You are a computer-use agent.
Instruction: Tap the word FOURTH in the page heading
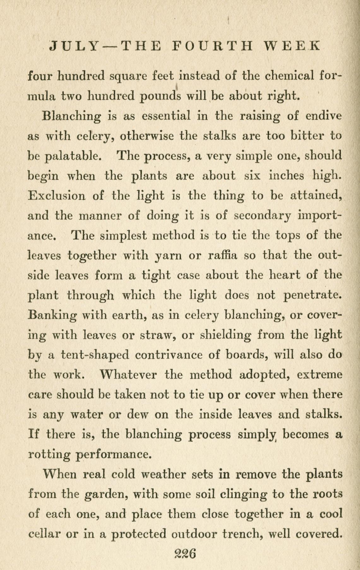(x=213, y=46)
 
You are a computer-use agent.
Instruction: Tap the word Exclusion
(x=57, y=196)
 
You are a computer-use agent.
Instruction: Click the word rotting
(x=50, y=455)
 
